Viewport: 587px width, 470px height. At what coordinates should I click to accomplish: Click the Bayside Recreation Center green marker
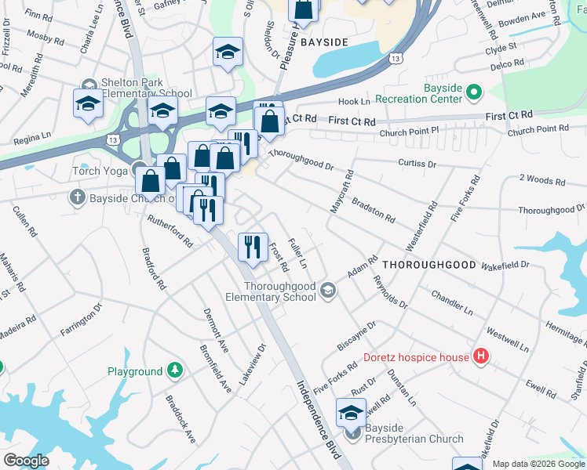tap(473, 93)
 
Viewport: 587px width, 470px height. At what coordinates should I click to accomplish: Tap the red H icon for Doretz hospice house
tap(481, 358)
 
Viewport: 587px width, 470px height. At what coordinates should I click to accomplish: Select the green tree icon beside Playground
tap(177, 371)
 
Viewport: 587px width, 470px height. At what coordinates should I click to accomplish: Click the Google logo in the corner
tap(27, 461)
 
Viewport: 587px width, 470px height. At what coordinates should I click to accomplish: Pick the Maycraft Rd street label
tap(342, 193)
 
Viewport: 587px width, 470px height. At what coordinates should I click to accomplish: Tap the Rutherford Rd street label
tap(170, 230)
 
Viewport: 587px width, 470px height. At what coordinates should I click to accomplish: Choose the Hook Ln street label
tap(353, 102)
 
